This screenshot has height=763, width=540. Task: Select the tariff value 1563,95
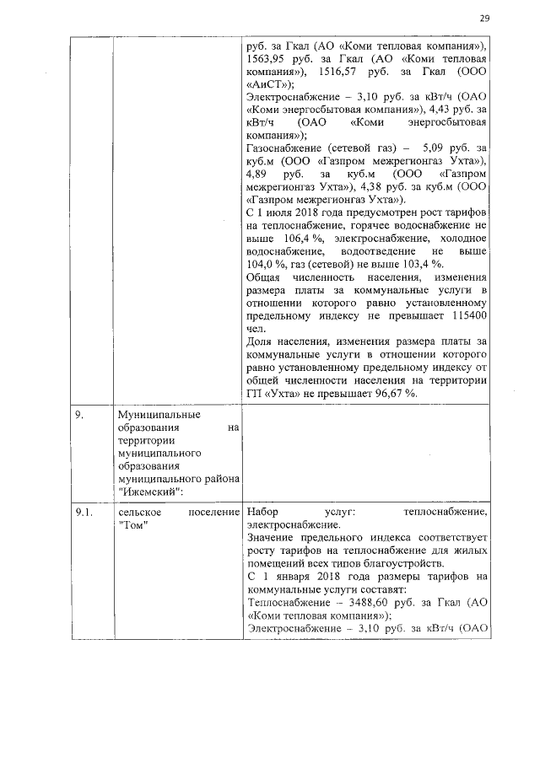(x=267, y=61)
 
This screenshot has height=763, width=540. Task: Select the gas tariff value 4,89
(x=258, y=171)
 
